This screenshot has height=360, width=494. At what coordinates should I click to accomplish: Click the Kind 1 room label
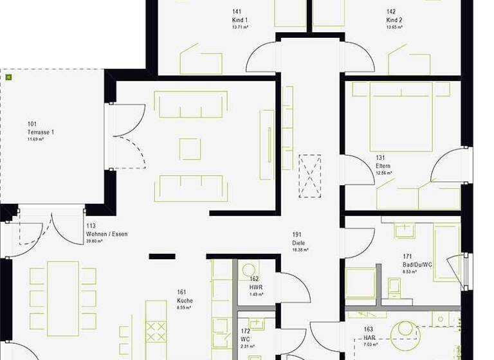click(240, 20)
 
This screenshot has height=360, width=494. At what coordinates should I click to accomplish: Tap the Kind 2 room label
click(394, 20)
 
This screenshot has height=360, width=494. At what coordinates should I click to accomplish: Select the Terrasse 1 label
click(41, 132)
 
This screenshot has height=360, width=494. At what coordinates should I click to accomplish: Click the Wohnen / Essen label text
click(107, 234)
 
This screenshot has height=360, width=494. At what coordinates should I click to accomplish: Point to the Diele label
click(298, 243)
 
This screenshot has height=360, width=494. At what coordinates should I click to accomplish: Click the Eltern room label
click(384, 166)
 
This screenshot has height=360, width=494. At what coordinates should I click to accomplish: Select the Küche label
click(185, 300)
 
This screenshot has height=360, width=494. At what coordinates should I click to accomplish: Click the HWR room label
click(255, 287)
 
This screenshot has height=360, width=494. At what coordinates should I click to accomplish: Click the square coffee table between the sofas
click(190, 148)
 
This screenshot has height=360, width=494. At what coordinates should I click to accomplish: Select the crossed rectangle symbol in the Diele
click(309, 175)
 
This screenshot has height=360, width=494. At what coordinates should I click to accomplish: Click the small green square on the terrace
click(9, 77)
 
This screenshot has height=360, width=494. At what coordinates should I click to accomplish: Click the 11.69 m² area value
click(35, 139)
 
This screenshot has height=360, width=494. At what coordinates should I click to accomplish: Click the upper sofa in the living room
click(190, 103)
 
